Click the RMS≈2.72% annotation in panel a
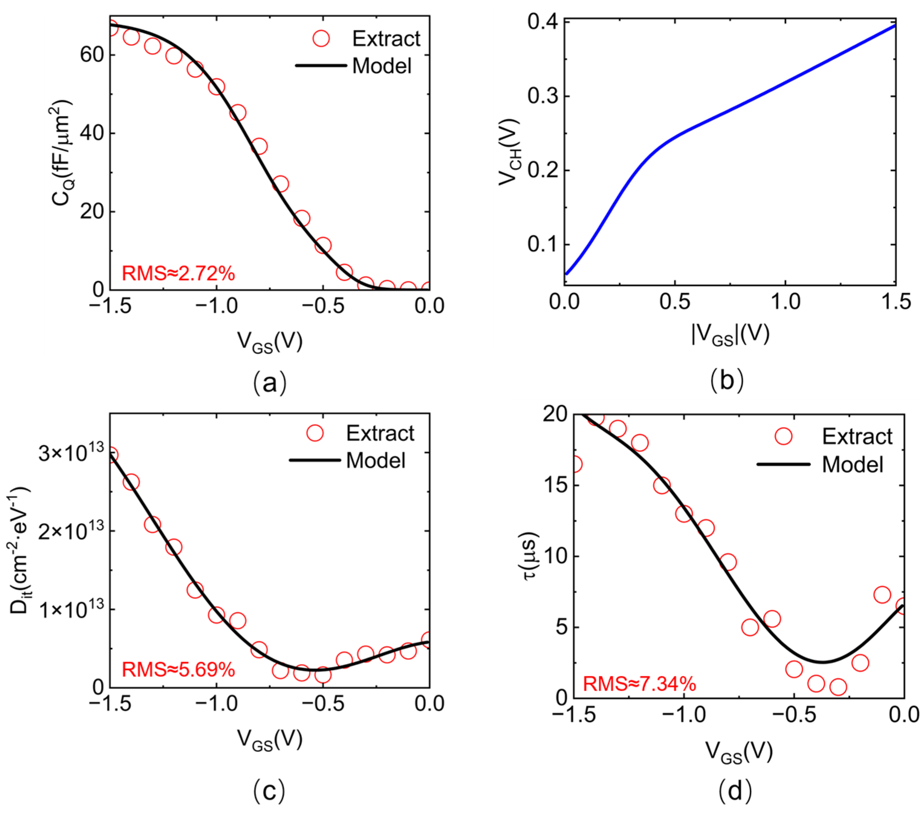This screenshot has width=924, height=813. coord(178,273)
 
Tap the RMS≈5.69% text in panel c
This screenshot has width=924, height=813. coord(178,669)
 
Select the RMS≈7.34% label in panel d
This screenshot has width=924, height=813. coord(639,684)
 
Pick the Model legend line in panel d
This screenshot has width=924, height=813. coord(783,464)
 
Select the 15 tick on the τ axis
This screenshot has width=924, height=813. coord(556,485)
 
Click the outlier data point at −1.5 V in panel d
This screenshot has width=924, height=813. coord(575,464)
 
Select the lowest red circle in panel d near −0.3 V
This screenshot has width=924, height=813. coord(838,687)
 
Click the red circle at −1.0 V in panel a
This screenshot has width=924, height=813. coord(216,87)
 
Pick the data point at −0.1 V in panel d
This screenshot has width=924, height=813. coord(882,595)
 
